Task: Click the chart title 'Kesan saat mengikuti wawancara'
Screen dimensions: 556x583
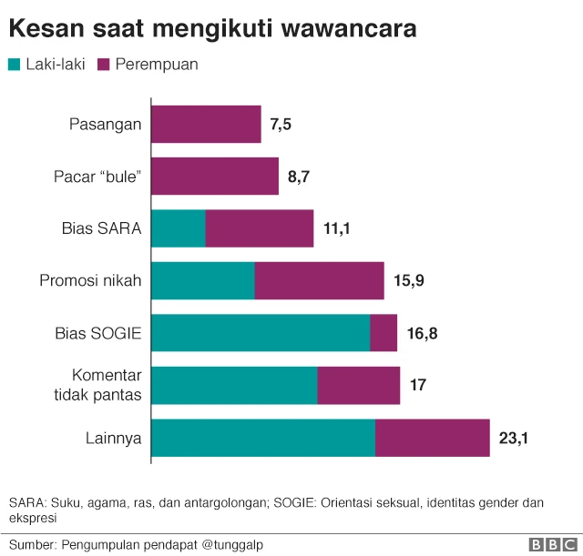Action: point(213,28)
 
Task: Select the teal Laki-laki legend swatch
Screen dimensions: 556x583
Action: point(15,65)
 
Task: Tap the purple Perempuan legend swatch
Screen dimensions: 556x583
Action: point(103,65)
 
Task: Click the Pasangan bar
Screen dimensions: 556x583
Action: point(206,124)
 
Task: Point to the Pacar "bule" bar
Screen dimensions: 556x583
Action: point(215,176)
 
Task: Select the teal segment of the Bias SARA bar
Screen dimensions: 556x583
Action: point(179,228)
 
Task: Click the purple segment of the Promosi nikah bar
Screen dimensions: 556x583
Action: point(319,280)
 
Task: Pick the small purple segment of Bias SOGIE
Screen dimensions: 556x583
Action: point(384,332)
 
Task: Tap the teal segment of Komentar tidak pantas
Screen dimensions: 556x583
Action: point(234,385)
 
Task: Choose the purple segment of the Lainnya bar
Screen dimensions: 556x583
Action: point(432,438)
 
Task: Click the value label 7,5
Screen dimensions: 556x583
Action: point(281,125)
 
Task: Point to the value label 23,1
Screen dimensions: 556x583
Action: point(514,439)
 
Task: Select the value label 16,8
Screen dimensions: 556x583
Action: point(422,333)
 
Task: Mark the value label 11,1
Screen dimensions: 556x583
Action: point(337,228)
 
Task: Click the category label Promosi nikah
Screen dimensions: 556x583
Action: point(90,280)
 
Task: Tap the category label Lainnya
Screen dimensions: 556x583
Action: point(113,438)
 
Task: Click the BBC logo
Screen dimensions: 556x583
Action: point(551,544)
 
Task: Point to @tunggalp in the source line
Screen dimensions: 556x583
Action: point(231,544)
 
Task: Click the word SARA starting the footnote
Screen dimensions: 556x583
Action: point(25,501)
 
